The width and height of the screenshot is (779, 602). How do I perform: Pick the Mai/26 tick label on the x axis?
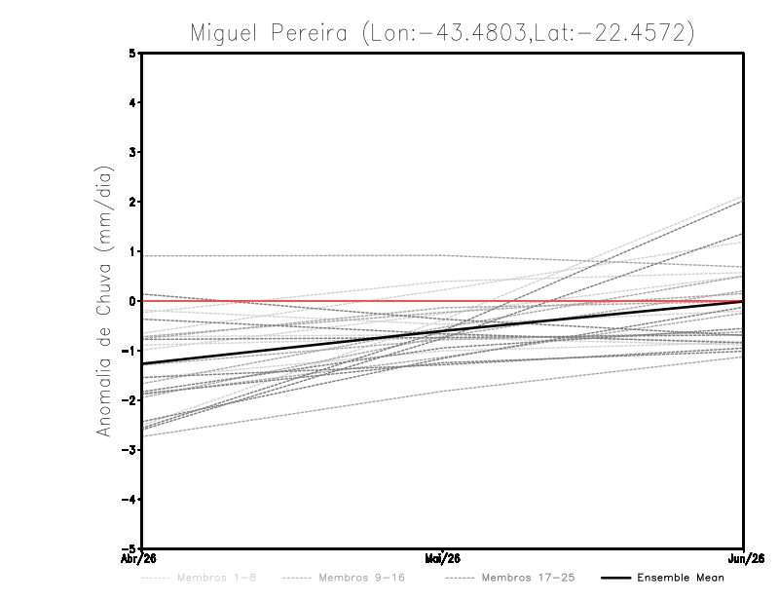click(443, 558)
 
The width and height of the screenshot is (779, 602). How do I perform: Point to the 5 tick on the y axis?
click(132, 53)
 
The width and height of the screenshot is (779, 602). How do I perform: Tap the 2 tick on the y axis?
click(132, 202)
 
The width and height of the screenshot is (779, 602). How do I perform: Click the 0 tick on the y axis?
click(132, 301)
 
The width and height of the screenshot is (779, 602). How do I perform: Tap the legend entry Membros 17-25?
click(528, 578)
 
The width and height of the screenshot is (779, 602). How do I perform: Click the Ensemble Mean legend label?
click(680, 578)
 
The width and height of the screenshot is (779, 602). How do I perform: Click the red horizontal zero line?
click(584, 301)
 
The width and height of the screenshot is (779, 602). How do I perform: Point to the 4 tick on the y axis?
click(132, 102)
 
